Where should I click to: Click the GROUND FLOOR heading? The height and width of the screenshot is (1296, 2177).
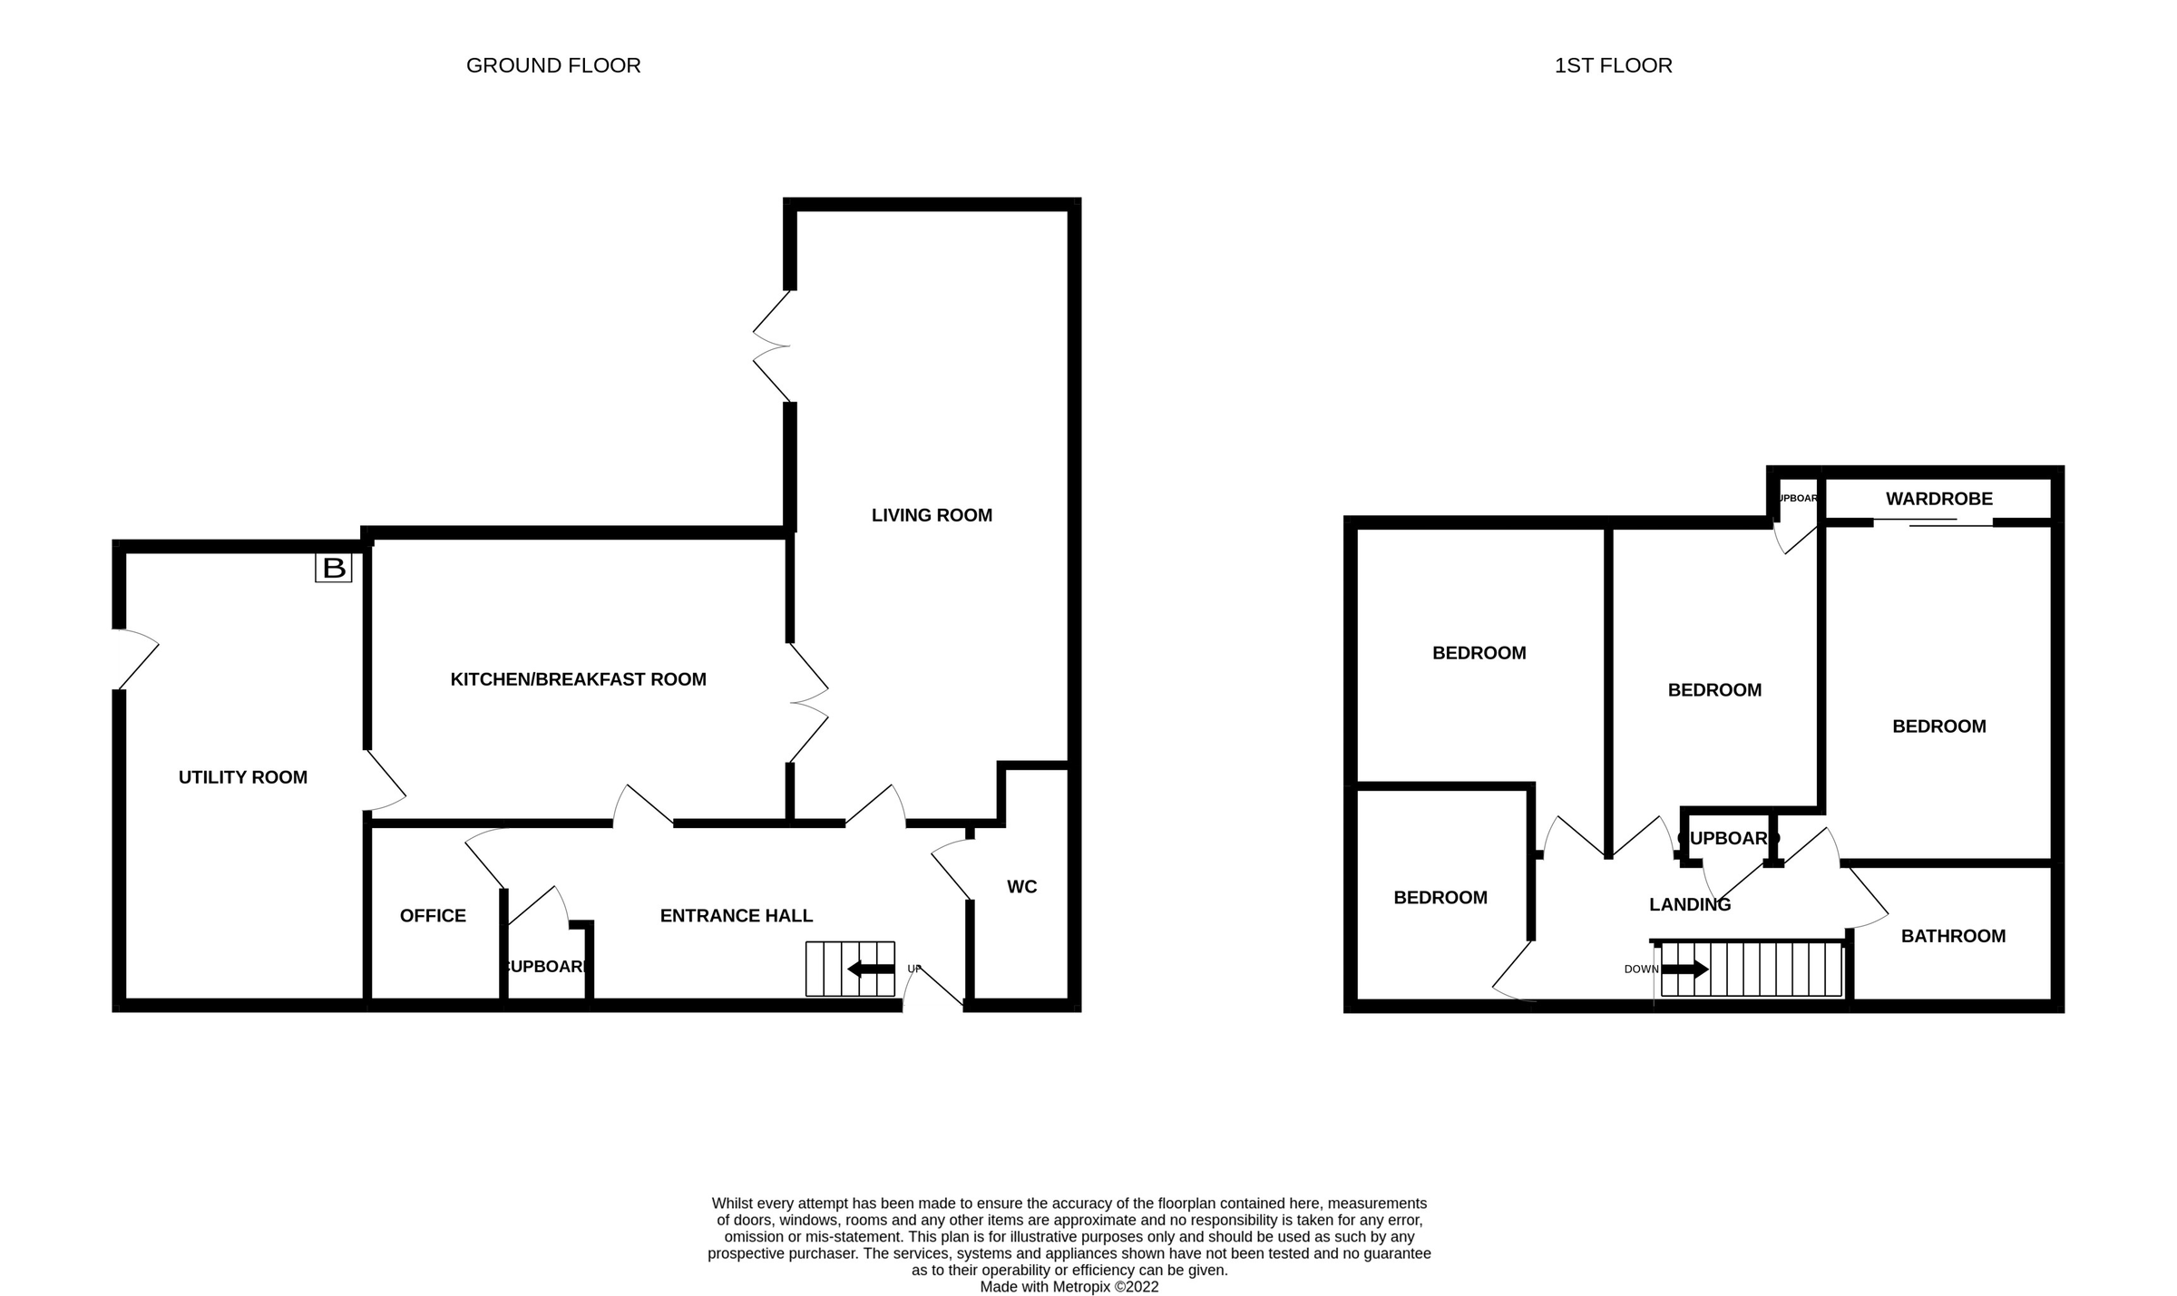pyautogui.click(x=553, y=65)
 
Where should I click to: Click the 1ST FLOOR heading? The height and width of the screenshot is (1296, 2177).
pyautogui.click(x=1613, y=65)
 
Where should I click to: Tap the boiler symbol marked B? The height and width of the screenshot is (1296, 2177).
pyautogui.click(x=333, y=569)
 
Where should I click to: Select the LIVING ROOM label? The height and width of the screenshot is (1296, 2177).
pyautogui.click(x=932, y=515)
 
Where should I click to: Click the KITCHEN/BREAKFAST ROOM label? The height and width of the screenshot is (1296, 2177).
pyautogui.click(x=578, y=679)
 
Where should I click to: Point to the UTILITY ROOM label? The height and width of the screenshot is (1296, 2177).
pyautogui.click(x=242, y=777)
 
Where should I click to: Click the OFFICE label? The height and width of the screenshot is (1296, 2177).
pyautogui.click(x=433, y=916)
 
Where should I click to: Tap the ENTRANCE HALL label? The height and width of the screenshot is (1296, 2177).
pyautogui.click(x=736, y=916)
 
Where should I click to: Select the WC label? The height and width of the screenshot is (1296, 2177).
pyautogui.click(x=1021, y=887)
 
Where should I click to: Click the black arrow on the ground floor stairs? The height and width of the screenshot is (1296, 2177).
pyautogui.click(x=870, y=970)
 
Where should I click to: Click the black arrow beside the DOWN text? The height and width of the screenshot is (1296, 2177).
pyautogui.click(x=1684, y=970)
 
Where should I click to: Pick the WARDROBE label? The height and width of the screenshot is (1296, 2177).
pyautogui.click(x=1938, y=499)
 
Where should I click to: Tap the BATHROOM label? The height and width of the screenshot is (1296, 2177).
pyautogui.click(x=1953, y=936)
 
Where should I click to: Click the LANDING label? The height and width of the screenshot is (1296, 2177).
pyautogui.click(x=1689, y=904)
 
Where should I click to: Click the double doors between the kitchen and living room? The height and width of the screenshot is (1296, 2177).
pyautogui.click(x=807, y=703)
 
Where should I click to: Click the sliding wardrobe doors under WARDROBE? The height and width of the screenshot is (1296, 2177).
pyautogui.click(x=1932, y=522)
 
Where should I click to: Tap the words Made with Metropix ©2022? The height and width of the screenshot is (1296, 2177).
pyautogui.click(x=1069, y=1286)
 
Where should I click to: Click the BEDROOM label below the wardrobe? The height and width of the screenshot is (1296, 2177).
pyautogui.click(x=1938, y=726)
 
